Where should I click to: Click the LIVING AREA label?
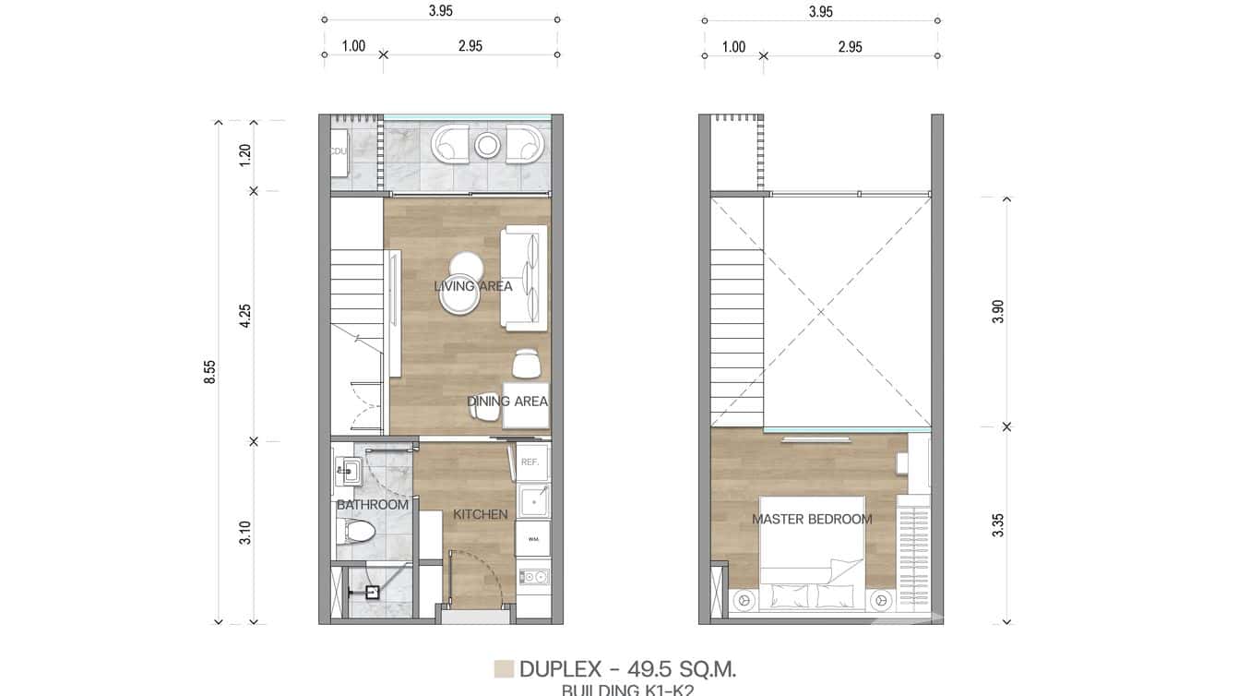tap(473, 286)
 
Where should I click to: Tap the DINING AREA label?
tap(507, 402)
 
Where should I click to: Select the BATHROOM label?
tap(372, 505)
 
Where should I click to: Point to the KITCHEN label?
tap(480, 514)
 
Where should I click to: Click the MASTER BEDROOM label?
tap(812, 520)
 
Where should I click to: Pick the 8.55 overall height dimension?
tap(210, 371)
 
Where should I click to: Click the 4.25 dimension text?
tap(245, 316)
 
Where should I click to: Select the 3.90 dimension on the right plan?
tap(998, 312)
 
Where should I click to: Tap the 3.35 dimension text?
tap(998, 525)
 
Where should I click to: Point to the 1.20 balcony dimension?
tap(245, 155)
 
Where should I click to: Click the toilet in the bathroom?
tap(357, 532)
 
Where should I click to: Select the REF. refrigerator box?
tap(530, 462)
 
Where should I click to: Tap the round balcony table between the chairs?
tap(488, 145)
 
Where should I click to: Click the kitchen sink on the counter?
tap(533, 503)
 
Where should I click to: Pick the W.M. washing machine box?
tap(533, 538)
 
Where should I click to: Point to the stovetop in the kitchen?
tap(533, 578)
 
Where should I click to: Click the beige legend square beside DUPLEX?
tap(504, 669)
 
